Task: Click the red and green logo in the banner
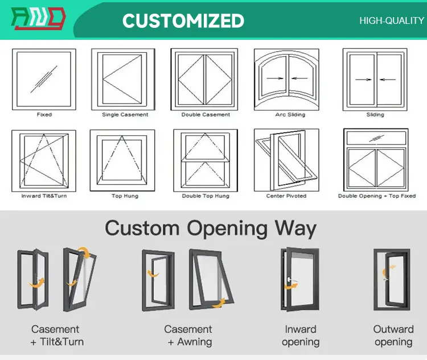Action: point(38,18)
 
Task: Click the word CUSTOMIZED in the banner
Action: point(183,20)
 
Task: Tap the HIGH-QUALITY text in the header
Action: point(392,20)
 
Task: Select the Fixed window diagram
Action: point(44,80)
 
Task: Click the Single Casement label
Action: point(125,114)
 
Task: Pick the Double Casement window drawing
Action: point(204,80)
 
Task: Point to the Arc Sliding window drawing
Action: point(286,80)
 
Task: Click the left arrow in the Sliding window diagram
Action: point(363,80)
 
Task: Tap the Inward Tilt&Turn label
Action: point(44,196)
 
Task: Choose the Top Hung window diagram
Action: point(122,160)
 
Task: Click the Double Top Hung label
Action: point(206,196)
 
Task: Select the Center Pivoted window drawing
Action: point(286,160)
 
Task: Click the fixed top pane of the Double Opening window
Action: point(376,138)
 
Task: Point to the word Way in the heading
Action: point(295,229)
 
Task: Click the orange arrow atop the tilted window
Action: point(85,252)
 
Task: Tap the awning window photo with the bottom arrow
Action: point(211,279)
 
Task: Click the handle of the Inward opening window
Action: point(292,280)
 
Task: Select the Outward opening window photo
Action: point(392,280)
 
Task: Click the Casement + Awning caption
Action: point(188,336)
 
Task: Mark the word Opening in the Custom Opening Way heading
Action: point(227,229)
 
